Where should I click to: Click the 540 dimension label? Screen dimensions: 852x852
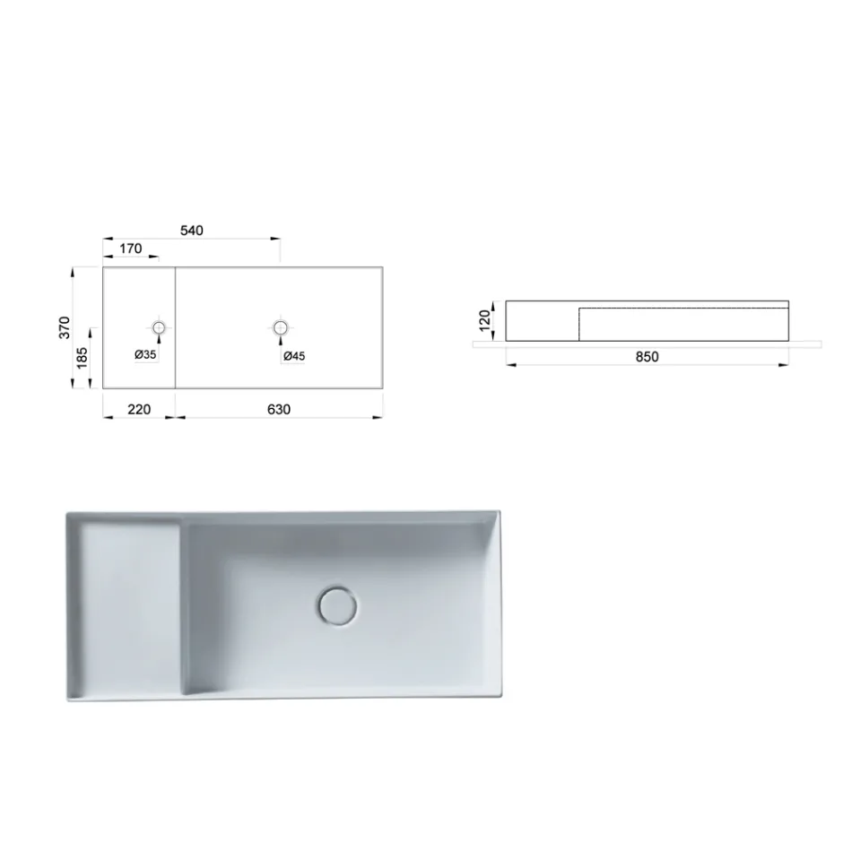192,230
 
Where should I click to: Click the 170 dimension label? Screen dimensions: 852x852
131,249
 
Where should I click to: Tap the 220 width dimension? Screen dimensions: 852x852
138,410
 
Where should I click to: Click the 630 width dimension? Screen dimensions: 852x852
279,410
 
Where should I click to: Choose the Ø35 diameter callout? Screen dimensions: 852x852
146,355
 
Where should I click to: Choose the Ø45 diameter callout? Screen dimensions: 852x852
294,356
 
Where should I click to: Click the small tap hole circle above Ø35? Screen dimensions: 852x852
160,327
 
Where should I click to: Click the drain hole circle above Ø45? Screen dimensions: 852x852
281,327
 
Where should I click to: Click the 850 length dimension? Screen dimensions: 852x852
646,357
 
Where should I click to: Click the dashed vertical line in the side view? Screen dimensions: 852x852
579,324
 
